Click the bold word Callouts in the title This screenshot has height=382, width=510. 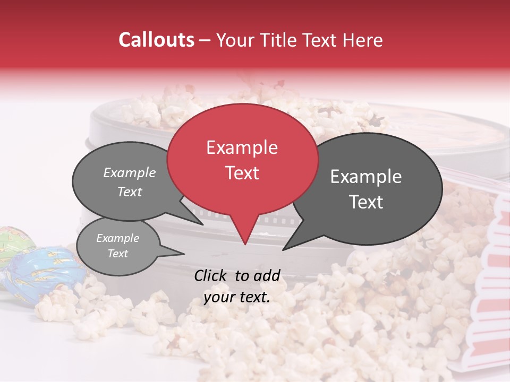[x=156, y=40]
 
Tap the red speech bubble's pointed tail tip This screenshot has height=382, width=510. [x=245, y=245]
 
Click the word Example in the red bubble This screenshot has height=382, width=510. [x=242, y=147]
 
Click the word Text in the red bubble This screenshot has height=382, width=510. [x=242, y=173]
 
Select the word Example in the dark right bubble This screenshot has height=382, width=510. [x=366, y=177]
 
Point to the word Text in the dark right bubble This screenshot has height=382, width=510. [x=366, y=202]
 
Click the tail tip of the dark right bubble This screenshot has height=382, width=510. [x=283, y=250]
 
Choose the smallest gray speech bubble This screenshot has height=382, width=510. [x=118, y=246]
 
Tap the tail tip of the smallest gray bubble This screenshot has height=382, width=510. [x=184, y=254]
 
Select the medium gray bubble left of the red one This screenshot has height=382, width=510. [x=127, y=182]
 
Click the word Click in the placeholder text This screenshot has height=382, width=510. [x=211, y=275]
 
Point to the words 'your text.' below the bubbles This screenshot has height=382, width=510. [x=237, y=297]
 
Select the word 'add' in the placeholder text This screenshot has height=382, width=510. [x=267, y=275]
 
